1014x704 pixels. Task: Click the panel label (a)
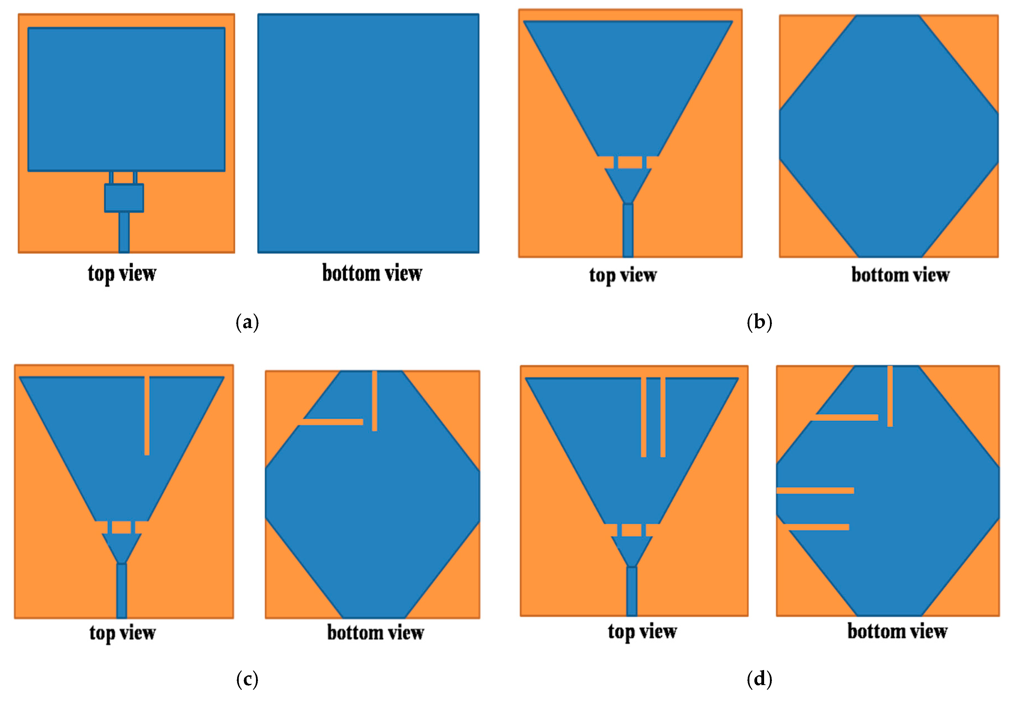coord(247,322)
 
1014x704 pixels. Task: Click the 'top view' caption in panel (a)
coord(122,274)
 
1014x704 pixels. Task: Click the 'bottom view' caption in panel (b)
coord(900,275)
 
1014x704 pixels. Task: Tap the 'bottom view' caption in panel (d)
coord(897,632)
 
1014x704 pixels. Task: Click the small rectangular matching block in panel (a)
coord(124,198)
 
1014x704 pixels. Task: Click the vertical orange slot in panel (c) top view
coord(147,415)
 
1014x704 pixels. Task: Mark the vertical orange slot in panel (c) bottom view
coord(375,400)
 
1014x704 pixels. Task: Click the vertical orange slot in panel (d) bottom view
coord(890,396)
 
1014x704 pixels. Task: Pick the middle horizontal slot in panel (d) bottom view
coord(815,490)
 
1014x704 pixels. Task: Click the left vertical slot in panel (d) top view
coord(643,417)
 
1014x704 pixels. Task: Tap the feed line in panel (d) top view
coord(631,591)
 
